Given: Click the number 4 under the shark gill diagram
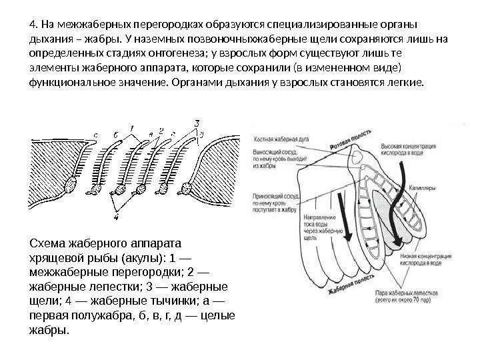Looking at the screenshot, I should (117, 215).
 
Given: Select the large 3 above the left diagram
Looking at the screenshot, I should (197, 123).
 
